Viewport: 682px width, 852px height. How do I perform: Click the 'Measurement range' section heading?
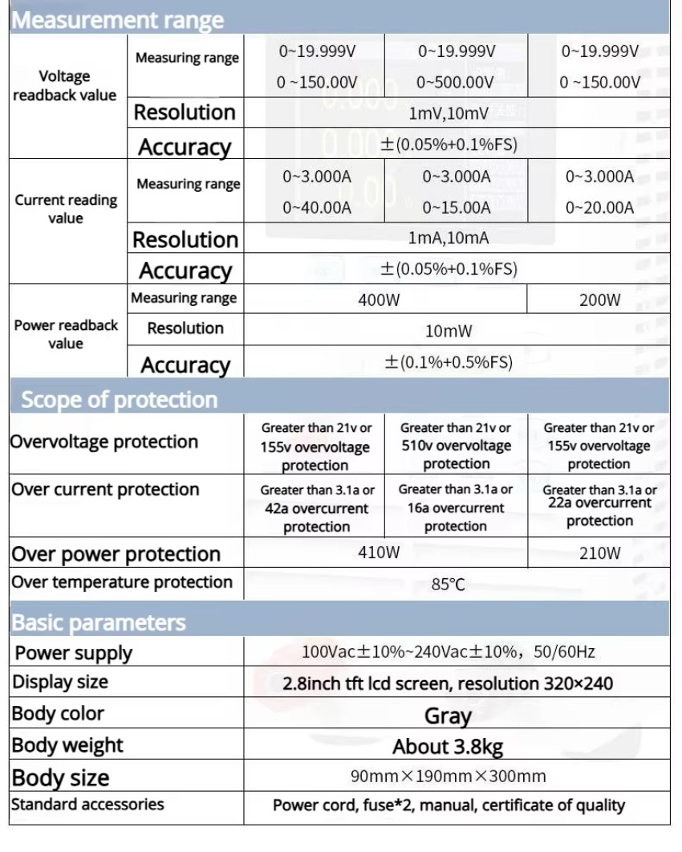click(117, 20)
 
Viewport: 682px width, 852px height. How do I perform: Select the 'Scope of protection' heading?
click(119, 399)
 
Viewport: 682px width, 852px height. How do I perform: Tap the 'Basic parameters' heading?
click(98, 622)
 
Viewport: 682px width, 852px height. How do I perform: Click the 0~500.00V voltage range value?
click(456, 82)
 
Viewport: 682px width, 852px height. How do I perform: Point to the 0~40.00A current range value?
click(316, 207)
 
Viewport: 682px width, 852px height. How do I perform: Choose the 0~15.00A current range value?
click(456, 207)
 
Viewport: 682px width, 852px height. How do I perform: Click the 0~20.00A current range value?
click(599, 207)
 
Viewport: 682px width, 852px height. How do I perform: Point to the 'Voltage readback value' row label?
click(65, 86)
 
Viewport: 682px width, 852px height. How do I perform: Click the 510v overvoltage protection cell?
click(456, 446)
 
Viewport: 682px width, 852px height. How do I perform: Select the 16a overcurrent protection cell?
click(455, 508)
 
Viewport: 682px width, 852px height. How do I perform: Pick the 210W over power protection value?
click(599, 553)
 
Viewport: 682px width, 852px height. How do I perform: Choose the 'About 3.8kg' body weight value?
click(448, 747)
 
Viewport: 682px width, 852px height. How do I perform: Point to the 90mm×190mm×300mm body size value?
click(448, 777)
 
